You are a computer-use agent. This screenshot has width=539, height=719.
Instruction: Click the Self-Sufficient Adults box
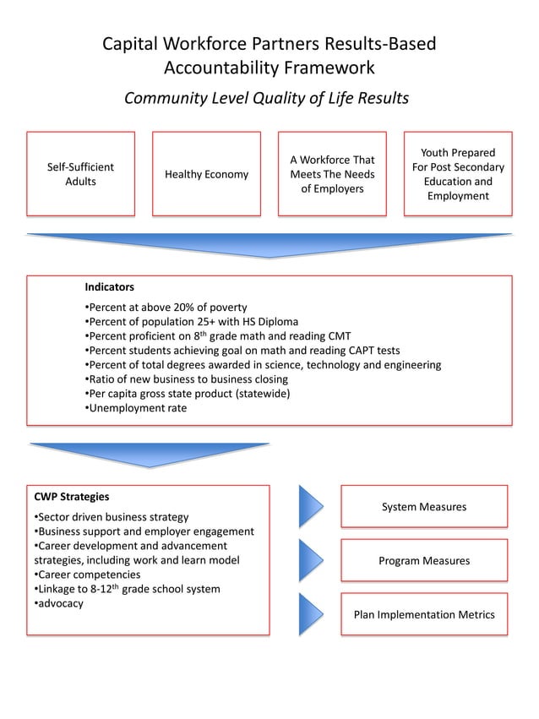click(x=81, y=174)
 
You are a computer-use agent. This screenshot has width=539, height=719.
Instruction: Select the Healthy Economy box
click(x=206, y=174)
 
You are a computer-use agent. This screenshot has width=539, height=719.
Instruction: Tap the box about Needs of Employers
click(x=332, y=174)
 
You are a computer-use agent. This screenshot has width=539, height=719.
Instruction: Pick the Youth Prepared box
click(x=458, y=174)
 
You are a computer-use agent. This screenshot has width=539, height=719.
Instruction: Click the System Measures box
click(x=423, y=507)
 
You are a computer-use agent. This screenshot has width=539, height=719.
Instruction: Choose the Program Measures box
click(x=423, y=560)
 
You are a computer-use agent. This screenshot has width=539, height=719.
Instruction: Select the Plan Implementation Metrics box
click(x=423, y=614)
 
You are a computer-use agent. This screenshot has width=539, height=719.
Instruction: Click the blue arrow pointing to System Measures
click(x=310, y=507)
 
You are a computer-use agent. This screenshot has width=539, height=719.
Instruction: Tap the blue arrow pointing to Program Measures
click(x=310, y=560)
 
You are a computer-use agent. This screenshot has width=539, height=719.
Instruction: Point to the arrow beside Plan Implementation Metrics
click(x=310, y=614)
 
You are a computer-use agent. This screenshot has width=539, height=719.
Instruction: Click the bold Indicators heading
click(x=109, y=287)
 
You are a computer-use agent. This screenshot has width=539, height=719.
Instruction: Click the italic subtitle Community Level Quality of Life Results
click(x=266, y=98)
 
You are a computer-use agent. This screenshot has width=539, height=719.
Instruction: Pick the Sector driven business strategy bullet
click(x=112, y=517)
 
